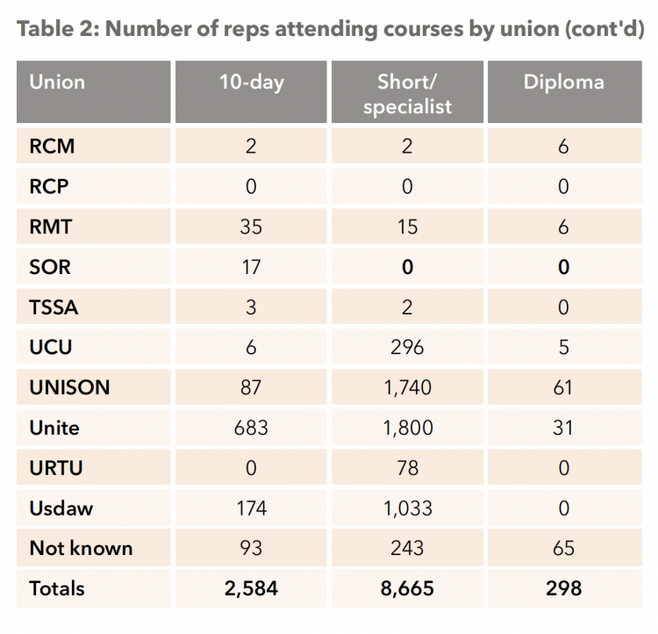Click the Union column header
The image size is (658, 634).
[57, 82]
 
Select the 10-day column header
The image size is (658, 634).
[252, 83]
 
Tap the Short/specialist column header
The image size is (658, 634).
[407, 94]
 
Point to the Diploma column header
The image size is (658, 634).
[563, 83]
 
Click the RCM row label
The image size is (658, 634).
[52, 147]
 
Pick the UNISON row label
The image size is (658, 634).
[69, 387]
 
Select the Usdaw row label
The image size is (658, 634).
[61, 508]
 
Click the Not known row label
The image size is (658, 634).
[81, 548]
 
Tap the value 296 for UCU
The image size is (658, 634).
[407, 348]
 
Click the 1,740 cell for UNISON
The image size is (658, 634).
[407, 388]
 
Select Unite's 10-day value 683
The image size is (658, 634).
[251, 429]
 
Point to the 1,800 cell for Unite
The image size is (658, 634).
[407, 429]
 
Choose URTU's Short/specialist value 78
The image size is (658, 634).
[407, 468]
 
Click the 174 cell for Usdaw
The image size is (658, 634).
[252, 508]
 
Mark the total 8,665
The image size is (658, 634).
[407, 588]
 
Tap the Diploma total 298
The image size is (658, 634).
[563, 588]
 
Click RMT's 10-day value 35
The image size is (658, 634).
[251, 227]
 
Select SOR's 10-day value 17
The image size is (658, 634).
[252, 267]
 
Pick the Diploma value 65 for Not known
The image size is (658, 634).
[563, 548]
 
